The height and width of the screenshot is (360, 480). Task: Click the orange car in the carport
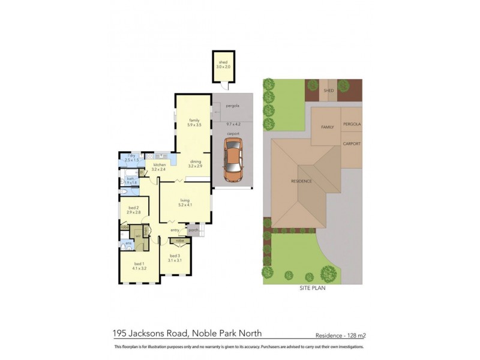(233, 160)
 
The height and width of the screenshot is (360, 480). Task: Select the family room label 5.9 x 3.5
(194, 122)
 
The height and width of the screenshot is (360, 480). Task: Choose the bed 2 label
(133, 210)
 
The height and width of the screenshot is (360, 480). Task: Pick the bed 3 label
(175, 258)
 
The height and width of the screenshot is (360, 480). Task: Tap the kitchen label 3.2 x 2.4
(159, 167)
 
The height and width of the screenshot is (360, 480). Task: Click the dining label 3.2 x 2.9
(196, 164)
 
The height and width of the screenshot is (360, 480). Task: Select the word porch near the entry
(193, 230)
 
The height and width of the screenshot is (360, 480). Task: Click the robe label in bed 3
(179, 241)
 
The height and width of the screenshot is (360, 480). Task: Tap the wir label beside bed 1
(137, 236)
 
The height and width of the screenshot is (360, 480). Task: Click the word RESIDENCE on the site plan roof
(301, 181)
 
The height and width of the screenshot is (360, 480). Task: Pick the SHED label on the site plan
(328, 91)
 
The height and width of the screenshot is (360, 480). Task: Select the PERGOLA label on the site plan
(352, 124)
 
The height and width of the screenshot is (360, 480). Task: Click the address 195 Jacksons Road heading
(187, 333)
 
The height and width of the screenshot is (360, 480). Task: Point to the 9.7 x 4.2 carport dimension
(233, 124)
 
